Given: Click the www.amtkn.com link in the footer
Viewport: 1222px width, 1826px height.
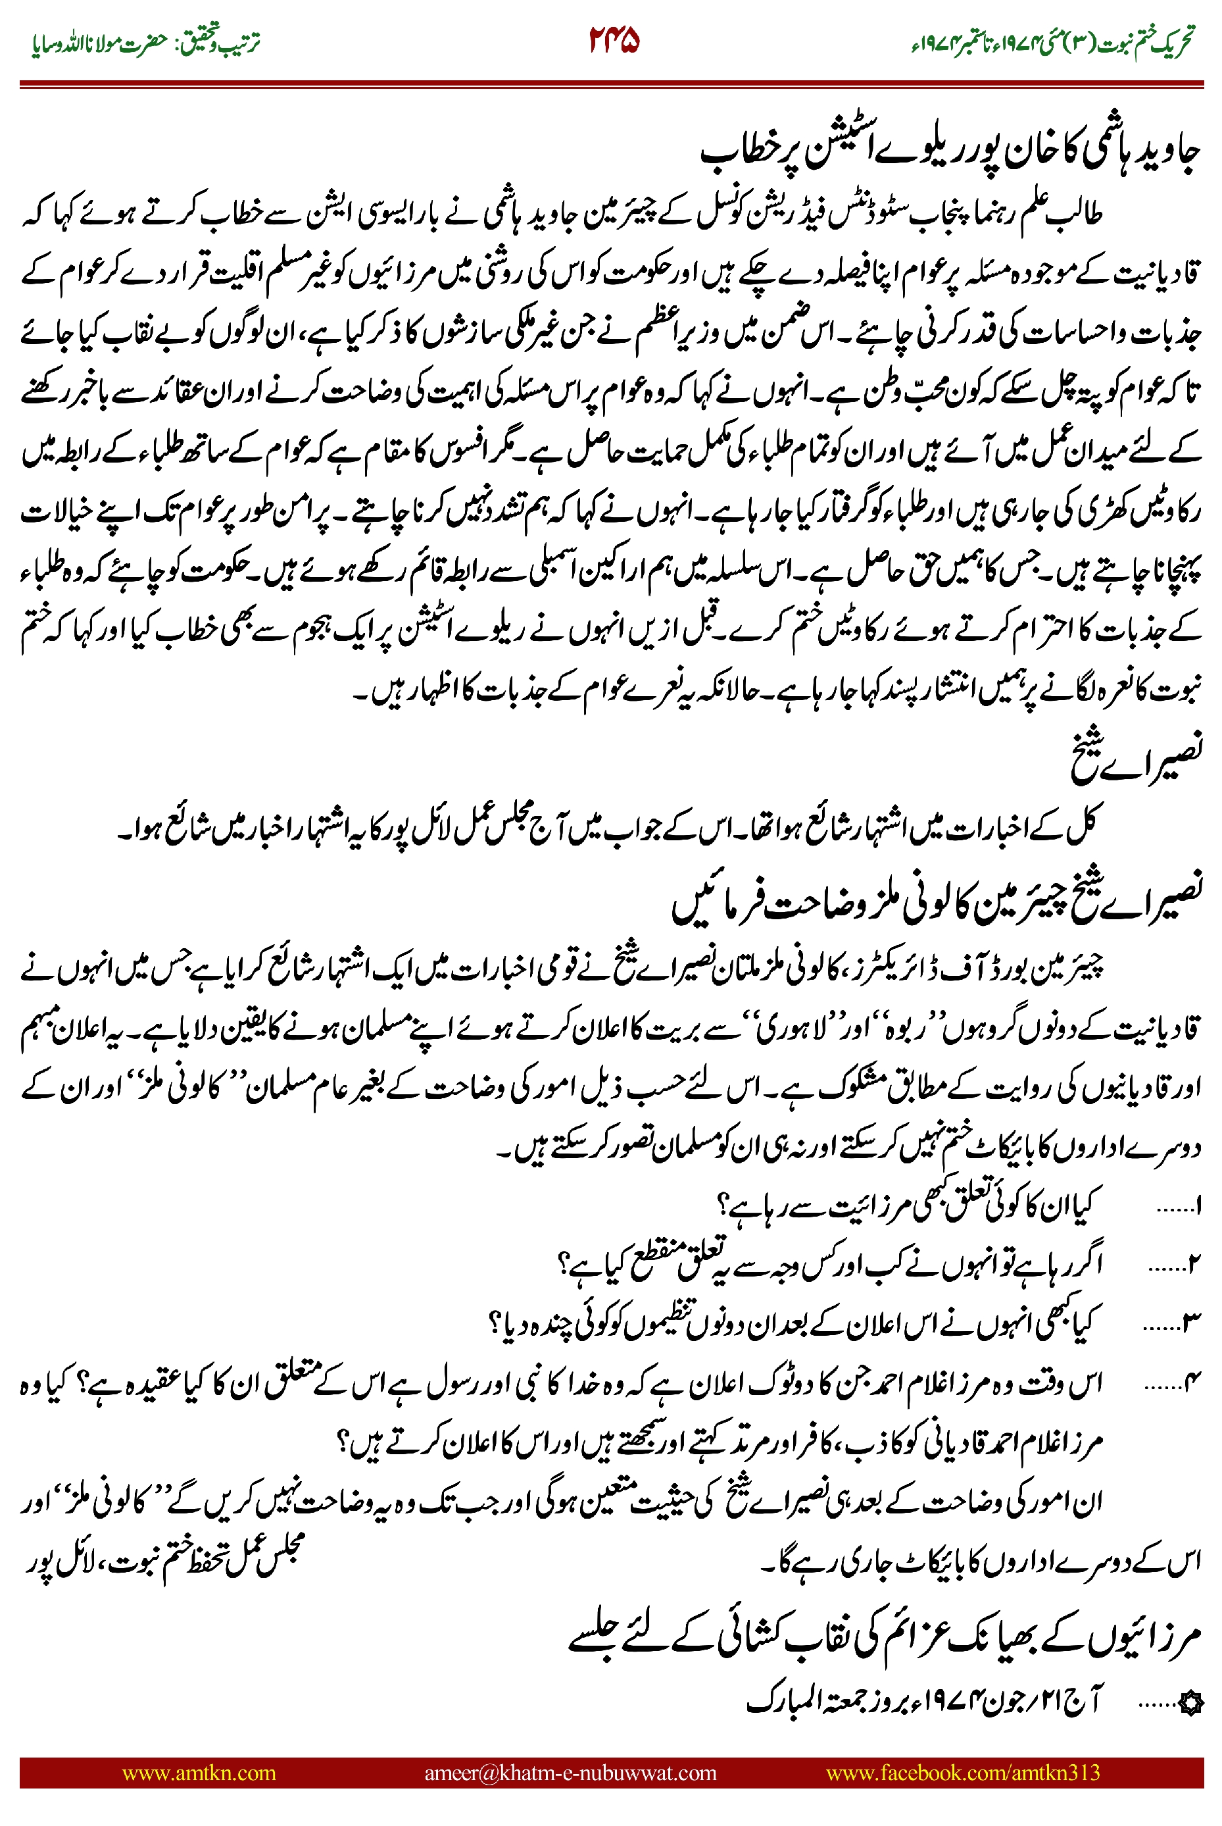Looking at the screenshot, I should coord(199,1772).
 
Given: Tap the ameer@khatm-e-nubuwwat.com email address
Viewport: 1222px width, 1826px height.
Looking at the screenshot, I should coord(570,1772).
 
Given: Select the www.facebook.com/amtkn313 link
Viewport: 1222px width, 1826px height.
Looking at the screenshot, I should coord(962,1772).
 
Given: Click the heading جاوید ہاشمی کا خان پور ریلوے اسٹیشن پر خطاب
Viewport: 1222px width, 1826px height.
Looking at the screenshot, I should coord(948,151).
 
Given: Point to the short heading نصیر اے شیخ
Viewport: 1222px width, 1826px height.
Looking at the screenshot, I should coord(1136,753).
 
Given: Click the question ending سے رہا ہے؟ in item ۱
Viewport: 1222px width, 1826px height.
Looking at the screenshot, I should coord(779,1207).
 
